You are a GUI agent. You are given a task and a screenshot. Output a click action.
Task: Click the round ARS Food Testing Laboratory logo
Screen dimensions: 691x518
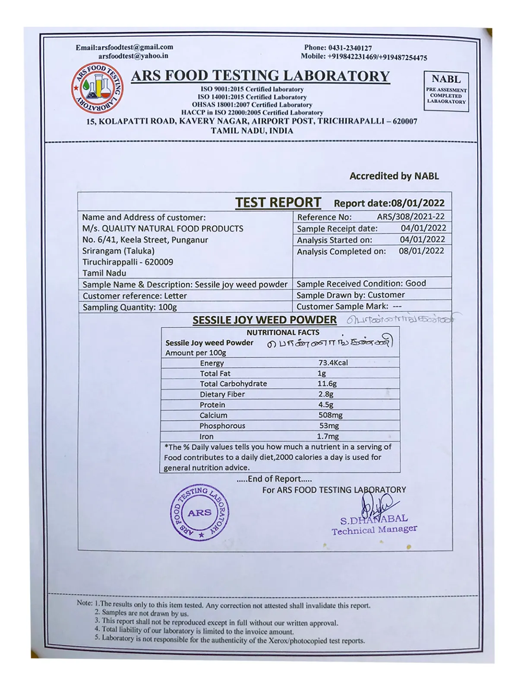pyautogui.click(x=98, y=88)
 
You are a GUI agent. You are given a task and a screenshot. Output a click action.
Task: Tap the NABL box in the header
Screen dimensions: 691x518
pyautogui.click(x=446, y=91)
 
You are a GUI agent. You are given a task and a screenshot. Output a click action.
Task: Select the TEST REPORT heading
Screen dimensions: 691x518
pyautogui.click(x=278, y=203)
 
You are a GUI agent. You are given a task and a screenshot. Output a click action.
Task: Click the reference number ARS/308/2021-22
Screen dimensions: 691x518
pyautogui.click(x=411, y=217)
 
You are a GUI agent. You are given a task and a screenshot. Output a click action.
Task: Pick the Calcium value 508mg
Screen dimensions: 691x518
pyautogui.click(x=330, y=415)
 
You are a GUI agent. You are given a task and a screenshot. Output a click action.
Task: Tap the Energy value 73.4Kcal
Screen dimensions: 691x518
pyautogui.click(x=333, y=363)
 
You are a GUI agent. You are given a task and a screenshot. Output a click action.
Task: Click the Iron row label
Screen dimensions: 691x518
pyautogui.click(x=206, y=436)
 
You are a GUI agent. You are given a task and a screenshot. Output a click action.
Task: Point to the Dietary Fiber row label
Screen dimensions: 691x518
pyautogui.click(x=222, y=394)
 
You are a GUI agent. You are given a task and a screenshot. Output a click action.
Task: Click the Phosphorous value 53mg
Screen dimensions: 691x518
pyautogui.click(x=329, y=426)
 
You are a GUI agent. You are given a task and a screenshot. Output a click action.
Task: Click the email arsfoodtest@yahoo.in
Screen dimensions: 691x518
pyautogui.click(x=133, y=56)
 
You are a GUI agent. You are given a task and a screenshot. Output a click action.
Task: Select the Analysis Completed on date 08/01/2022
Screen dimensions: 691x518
pyautogui.click(x=421, y=251)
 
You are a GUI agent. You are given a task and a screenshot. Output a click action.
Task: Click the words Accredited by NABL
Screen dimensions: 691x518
pyautogui.click(x=394, y=176)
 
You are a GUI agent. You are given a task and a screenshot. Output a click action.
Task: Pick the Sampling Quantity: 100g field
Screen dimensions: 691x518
pyautogui.click(x=129, y=307)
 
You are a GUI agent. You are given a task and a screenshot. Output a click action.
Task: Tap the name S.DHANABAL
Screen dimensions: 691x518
pyautogui.click(x=374, y=520)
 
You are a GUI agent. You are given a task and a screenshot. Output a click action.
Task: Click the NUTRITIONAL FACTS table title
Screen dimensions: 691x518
pyautogui.click(x=283, y=333)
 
